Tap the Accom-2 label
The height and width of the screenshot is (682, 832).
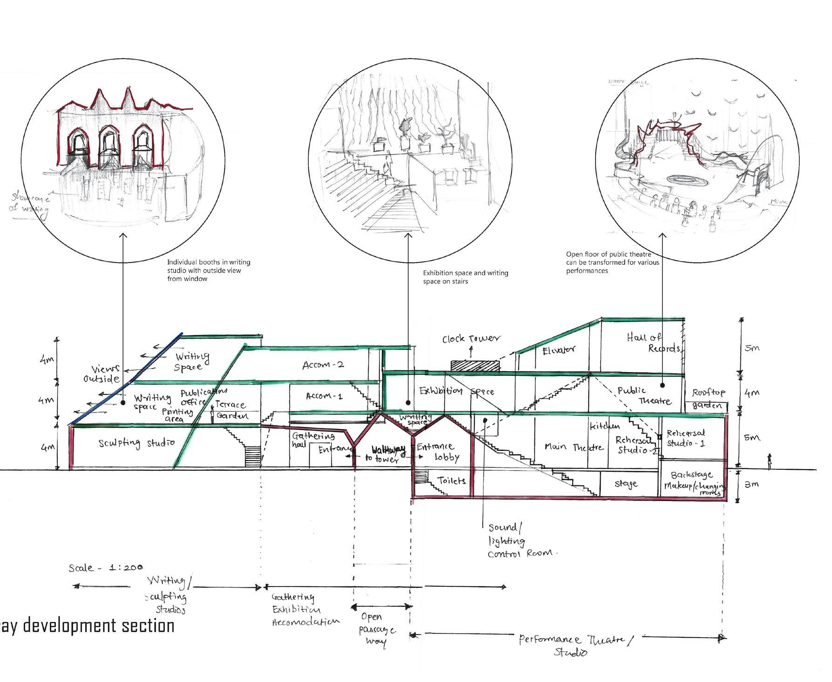[x=323, y=365]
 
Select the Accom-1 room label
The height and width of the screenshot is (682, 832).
[x=325, y=396]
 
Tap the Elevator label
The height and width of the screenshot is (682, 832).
[x=559, y=350]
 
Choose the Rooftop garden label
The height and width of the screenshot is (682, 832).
[x=708, y=399]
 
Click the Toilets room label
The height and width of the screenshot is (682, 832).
[x=451, y=480]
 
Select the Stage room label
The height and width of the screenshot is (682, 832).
[x=626, y=484]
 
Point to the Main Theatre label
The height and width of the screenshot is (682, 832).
[x=574, y=447]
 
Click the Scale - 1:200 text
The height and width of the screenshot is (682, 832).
[x=106, y=568]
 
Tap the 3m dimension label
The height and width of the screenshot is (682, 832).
[x=752, y=484]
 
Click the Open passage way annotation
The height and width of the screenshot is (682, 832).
[x=376, y=629]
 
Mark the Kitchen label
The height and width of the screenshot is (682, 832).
[x=605, y=426]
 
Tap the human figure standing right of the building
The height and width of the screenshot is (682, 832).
[x=770, y=462]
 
